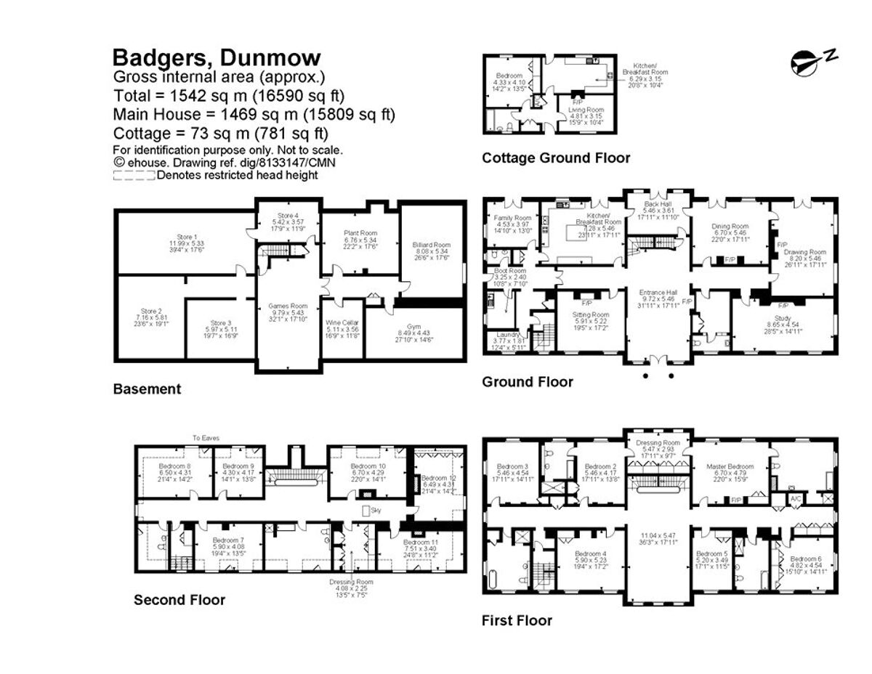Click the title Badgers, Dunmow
(x=217, y=58)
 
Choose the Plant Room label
(x=361, y=233)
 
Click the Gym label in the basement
(x=415, y=328)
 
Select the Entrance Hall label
(x=658, y=293)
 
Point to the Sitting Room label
(x=591, y=314)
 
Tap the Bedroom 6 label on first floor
(x=805, y=558)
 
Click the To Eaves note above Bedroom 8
(x=207, y=438)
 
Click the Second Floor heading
(x=179, y=600)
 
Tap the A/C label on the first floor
(x=797, y=499)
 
